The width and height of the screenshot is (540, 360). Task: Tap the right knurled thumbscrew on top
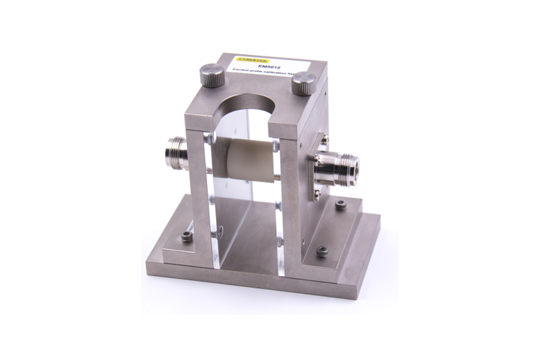click(304, 83)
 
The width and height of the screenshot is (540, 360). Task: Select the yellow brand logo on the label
click(253, 59)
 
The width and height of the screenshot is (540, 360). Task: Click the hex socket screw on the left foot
click(187, 236)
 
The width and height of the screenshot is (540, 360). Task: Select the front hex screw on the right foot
click(322, 251)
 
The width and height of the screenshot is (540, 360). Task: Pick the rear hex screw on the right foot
click(340, 205)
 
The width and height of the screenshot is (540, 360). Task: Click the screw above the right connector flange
click(324, 140)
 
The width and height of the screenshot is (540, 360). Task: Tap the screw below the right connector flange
click(317, 194)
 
